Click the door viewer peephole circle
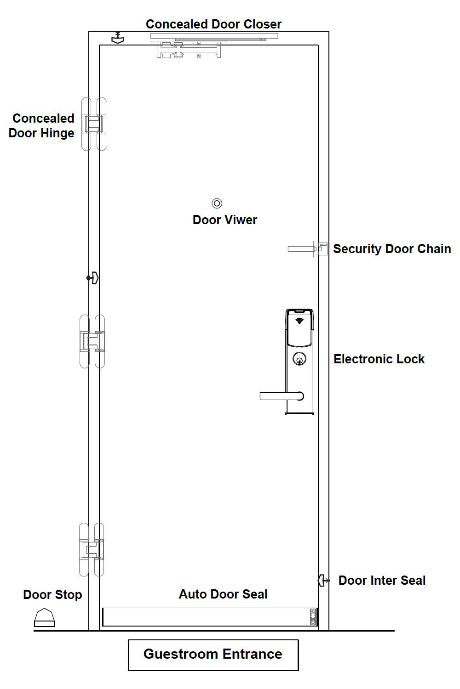click(x=217, y=203)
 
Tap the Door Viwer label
click(x=224, y=220)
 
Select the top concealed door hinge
click(x=94, y=124)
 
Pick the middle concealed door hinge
click(x=92, y=341)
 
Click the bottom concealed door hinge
click(x=92, y=549)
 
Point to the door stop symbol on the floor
click(x=44, y=618)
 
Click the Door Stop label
click(x=52, y=594)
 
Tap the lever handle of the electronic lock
click(x=281, y=396)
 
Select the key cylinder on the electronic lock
click(x=299, y=359)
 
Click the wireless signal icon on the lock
click(x=300, y=320)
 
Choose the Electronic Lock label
click(x=379, y=359)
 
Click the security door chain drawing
click(x=307, y=249)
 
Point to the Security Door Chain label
click(x=392, y=248)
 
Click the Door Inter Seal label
click(x=382, y=580)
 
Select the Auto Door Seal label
click(x=223, y=594)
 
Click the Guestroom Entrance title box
click(x=213, y=655)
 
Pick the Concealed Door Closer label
click(x=213, y=24)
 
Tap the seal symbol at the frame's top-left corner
click(x=118, y=38)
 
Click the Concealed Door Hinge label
click(x=42, y=125)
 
